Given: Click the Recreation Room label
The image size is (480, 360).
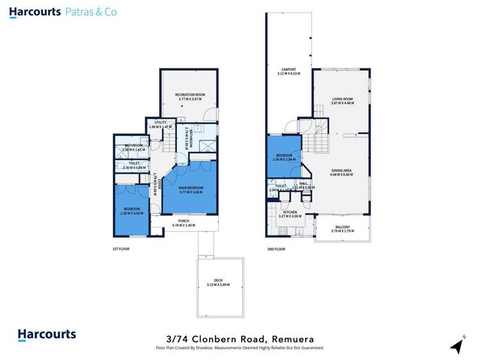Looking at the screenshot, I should tap(188, 95).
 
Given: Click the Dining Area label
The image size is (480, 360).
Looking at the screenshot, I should tap(341, 171).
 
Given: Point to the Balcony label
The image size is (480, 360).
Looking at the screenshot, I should tap(340, 227).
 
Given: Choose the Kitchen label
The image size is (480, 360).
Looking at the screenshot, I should tap(290, 212).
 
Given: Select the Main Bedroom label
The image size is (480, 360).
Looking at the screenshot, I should tap(190, 188).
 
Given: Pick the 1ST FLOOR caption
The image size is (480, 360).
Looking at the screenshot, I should tap(120, 249).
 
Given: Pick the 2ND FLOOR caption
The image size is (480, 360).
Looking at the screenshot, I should tap(276, 249).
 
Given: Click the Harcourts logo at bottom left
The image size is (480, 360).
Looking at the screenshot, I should tap(46, 334).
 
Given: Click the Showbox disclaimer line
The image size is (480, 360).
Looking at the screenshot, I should tap(240, 348).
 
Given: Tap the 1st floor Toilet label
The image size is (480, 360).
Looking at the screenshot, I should tap(134, 164).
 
